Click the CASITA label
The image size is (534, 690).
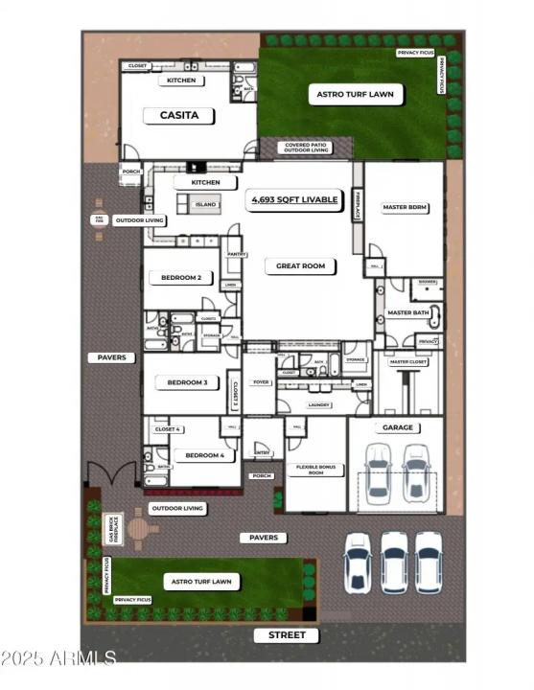[x=178, y=115]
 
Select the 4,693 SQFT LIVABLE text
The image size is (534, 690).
[x=294, y=200]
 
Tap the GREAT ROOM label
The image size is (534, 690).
[x=301, y=265]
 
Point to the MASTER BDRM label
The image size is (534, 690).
[x=404, y=207]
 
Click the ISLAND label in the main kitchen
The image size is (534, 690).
[x=205, y=204]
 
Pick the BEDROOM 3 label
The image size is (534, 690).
[x=187, y=382]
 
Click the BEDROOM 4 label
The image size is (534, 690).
[x=204, y=455]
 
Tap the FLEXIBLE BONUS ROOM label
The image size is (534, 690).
[x=315, y=471]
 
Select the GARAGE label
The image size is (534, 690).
[x=397, y=427]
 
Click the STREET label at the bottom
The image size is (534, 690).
[x=287, y=635]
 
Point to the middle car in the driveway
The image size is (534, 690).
[x=394, y=561]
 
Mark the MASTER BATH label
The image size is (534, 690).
[x=407, y=312]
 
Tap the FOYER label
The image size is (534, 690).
[x=258, y=379]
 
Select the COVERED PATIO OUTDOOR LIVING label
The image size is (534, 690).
[x=306, y=148]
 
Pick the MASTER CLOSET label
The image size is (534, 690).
[x=407, y=362]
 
